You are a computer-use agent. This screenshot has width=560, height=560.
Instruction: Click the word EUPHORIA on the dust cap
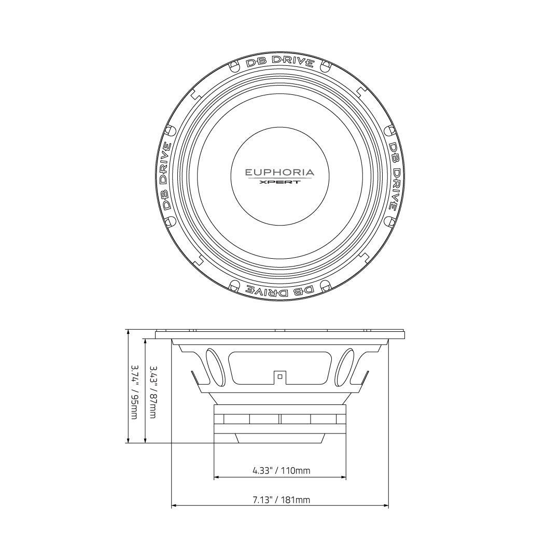(x=279, y=173)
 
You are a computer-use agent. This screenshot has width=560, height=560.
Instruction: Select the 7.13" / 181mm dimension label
(x=282, y=500)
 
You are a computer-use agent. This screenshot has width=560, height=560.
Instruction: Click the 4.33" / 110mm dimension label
(x=282, y=470)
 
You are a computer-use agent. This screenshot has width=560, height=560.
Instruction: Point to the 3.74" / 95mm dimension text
(x=134, y=392)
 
